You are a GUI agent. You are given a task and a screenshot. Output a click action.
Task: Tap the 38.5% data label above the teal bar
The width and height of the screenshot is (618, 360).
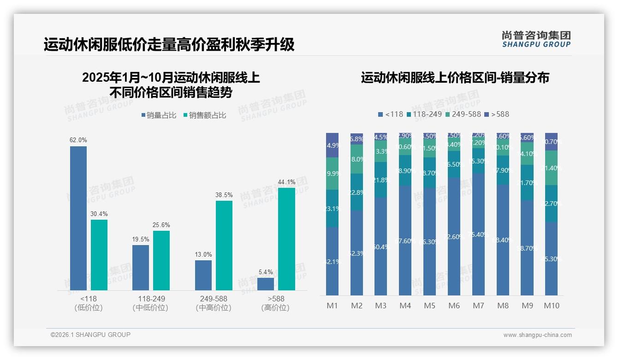224,195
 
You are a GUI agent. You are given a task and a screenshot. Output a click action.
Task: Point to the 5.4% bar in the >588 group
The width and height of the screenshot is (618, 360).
266,284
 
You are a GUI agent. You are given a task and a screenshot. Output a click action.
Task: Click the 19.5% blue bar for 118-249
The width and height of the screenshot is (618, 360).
141,267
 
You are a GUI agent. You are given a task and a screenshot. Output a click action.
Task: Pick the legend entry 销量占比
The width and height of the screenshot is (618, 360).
159,115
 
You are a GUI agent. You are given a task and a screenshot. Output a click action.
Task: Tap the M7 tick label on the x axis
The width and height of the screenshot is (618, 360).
479,306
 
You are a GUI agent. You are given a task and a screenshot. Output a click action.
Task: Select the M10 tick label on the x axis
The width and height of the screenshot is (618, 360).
551,306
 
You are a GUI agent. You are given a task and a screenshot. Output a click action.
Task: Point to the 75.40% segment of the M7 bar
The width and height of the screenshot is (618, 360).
479,234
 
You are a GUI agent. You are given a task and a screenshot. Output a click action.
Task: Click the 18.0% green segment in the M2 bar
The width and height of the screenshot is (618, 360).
357,159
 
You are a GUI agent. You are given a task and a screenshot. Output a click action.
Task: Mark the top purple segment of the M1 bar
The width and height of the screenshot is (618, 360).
332,145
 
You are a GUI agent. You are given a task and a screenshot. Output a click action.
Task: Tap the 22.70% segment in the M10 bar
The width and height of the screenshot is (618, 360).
551,204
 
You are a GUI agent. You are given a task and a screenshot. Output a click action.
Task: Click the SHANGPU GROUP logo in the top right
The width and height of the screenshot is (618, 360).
536,39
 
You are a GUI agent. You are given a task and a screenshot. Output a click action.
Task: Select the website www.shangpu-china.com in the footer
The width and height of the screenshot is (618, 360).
537,335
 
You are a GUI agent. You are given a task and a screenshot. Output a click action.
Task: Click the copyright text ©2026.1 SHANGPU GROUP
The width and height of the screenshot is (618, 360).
90,335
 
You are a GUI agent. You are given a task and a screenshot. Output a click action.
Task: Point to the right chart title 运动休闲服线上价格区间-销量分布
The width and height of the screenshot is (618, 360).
455,78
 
